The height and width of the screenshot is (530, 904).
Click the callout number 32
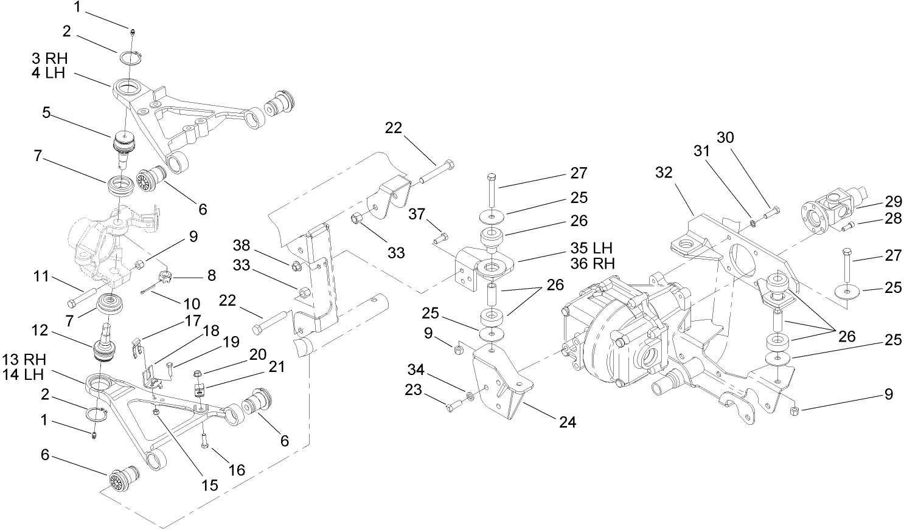tap(664, 173)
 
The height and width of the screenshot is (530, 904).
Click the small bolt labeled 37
tap(441, 238)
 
